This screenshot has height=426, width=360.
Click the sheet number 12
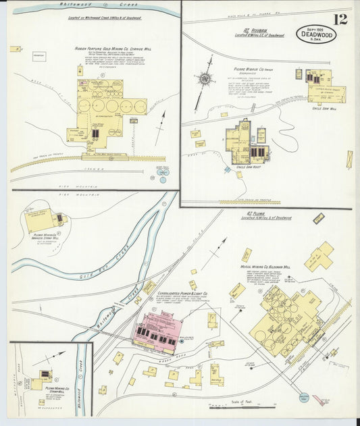pos(340,19)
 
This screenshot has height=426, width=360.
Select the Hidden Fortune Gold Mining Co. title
pos(107,49)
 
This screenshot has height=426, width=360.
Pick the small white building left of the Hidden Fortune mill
pos(38,57)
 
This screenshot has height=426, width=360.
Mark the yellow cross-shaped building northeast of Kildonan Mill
pos(320,256)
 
